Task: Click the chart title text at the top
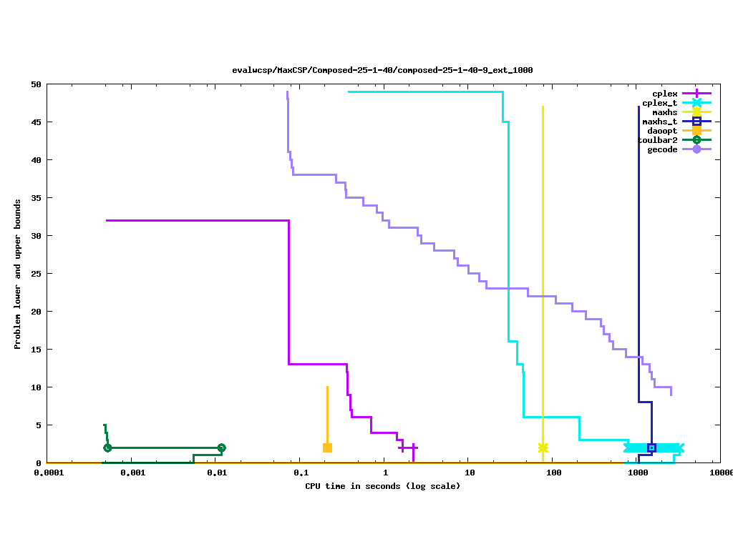click(382, 70)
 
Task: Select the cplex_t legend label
click(659, 103)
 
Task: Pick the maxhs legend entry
click(664, 112)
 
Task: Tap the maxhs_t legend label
click(659, 122)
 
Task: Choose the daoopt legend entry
click(662, 131)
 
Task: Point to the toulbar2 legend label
click(657, 140)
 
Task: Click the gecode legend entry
click(662, 149)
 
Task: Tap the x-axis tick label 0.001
click(132, 473)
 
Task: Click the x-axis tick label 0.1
click(301, 473)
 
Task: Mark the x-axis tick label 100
click(553, 473)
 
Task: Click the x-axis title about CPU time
click(382, 486)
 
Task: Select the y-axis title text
click(18, 274)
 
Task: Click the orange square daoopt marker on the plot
click(327, 448)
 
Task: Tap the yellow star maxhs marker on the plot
click(543, 448)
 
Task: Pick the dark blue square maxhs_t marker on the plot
click(651, 448)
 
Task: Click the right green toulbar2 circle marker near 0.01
click(221, 448)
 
